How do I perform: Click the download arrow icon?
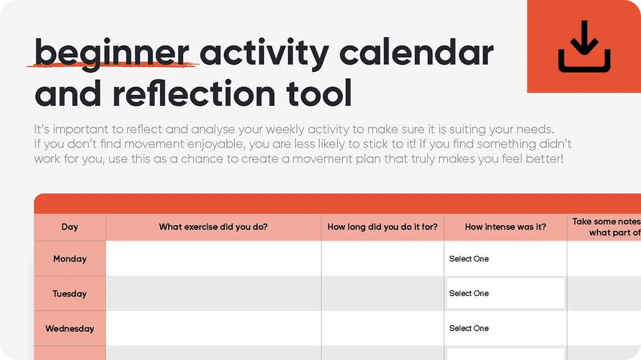tap(584, 46)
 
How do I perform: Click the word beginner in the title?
tap(112, 54)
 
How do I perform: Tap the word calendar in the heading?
tap(416, 54)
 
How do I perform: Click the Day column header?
tap(70, 227)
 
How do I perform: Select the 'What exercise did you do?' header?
tap(213, 227)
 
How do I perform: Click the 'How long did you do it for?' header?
tap(382, 227)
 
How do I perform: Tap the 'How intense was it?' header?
tap(505, 227)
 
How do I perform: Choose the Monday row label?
tap(70, 259)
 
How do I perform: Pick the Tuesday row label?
tap(70, 294)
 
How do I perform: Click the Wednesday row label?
tap(70, 328)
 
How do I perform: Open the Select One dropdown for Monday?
tap(505, 259)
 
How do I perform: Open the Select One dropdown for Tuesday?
tap(505, 293)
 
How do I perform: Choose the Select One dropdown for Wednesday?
tap(505, 328)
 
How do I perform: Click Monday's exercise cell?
tap(213, 259)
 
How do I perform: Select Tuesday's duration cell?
tap(382, 293)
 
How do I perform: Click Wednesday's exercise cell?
tap(213, 328)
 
